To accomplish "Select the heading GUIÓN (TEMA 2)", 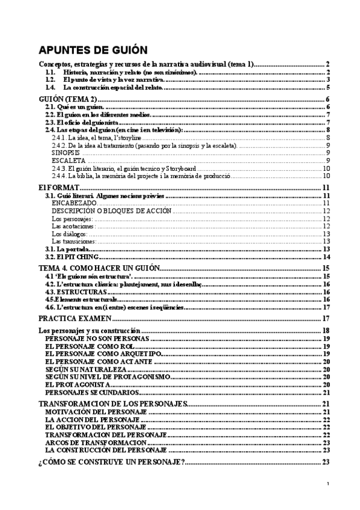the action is tap(66, 99).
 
